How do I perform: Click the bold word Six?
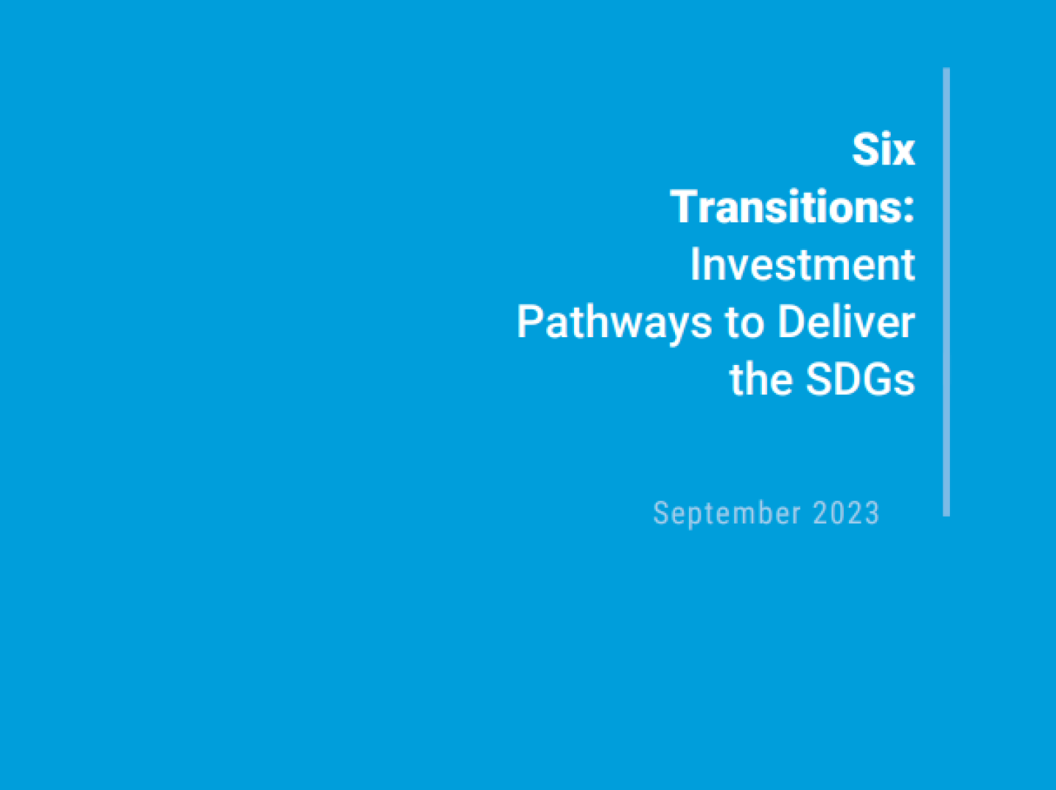pos(883,150)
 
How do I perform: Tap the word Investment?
pos(802,264)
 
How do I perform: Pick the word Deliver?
pos(846,321)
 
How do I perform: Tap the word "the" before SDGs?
pos(760,379)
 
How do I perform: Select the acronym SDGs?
pos(860,379)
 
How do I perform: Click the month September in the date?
pos(726,513)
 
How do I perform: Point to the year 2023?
pos(846,512)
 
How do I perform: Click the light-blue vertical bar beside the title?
pos(946,292)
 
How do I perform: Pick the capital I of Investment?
pos(695,264)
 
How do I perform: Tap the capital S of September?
pos(660,512)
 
